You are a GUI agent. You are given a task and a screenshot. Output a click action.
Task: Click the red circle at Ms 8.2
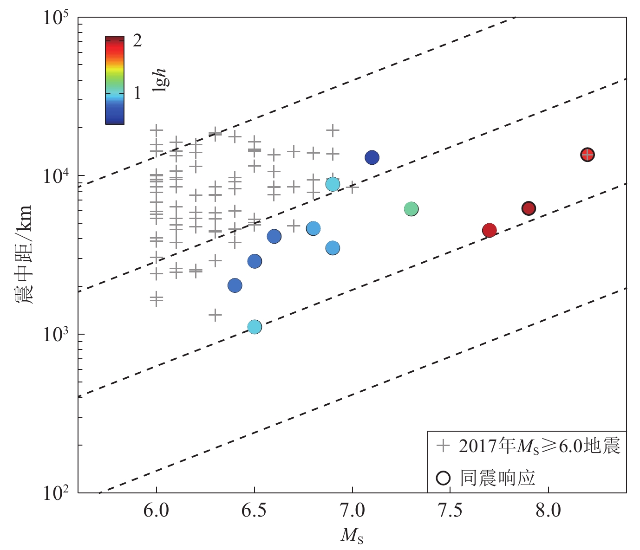587,155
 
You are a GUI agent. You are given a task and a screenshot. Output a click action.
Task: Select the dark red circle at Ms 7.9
529,208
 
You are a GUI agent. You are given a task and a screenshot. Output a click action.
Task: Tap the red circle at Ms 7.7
489,230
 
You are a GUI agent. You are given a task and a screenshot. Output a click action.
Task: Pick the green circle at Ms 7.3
411,209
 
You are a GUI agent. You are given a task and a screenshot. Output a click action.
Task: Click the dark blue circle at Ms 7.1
372,158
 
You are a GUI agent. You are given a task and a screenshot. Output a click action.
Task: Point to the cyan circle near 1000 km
255,327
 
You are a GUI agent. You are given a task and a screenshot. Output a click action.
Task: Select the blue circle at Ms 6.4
235,285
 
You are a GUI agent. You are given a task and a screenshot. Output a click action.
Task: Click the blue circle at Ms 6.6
274,236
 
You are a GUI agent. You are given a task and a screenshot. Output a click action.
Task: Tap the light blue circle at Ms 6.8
313,228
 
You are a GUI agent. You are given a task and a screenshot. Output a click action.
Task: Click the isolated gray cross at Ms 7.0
353,188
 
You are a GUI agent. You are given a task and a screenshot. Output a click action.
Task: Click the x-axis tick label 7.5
451,511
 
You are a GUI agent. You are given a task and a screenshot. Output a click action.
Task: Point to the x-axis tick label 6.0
157,511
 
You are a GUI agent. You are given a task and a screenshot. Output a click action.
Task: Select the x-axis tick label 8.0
549,511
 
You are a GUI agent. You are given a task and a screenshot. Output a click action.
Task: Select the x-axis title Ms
352,536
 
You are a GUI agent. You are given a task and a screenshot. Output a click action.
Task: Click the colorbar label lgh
161,80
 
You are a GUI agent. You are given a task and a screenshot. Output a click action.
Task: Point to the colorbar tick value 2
137,41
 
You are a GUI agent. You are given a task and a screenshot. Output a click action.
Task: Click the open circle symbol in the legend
444,478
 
